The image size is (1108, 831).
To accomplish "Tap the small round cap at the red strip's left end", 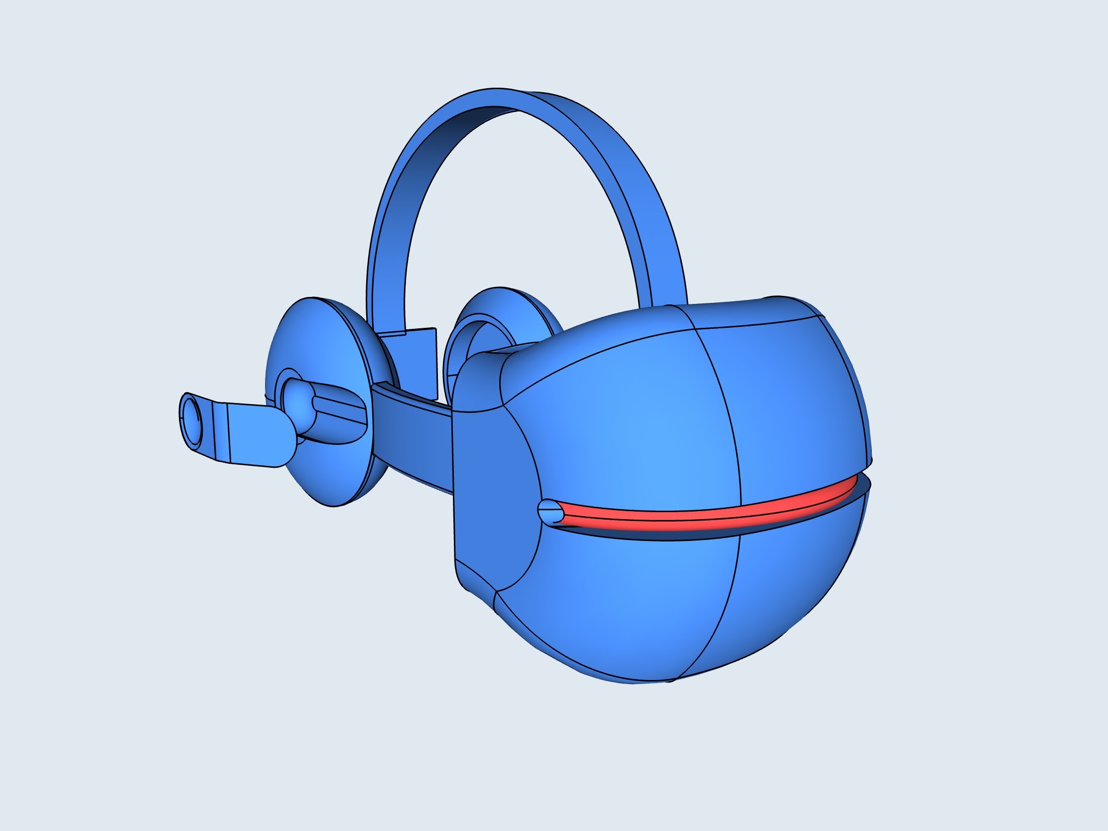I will (x=550, y=512).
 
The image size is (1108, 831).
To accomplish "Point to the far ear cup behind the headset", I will (x=521, y=310).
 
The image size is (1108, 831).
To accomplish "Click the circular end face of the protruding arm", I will (x=191, y=421).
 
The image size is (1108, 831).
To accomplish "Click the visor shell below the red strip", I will (x=651, y=601).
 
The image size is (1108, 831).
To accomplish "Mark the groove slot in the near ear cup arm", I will (x=341, y=411).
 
